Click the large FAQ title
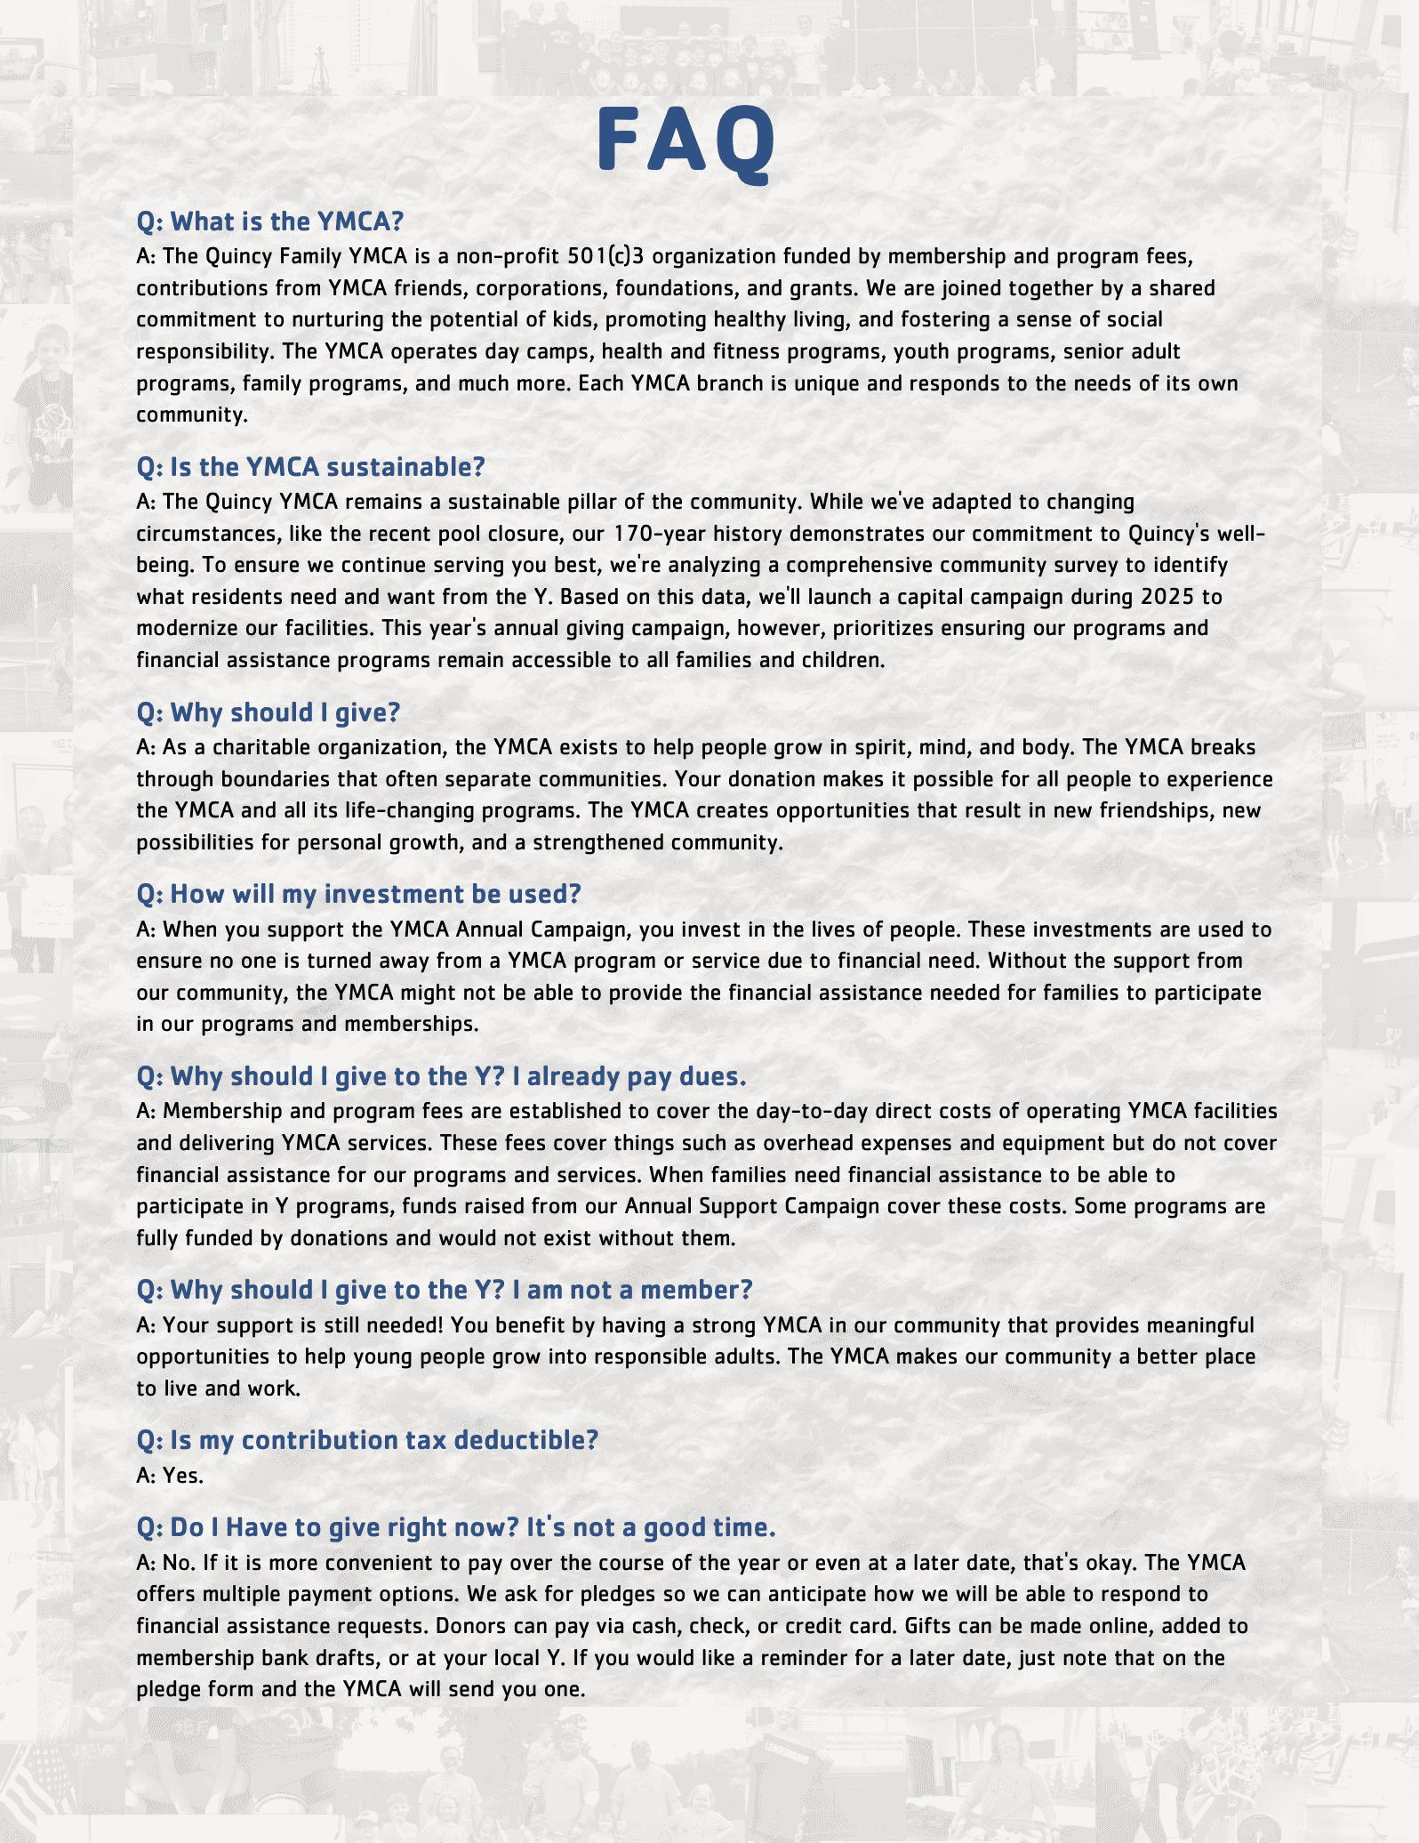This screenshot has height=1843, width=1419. click(x=685, y=141)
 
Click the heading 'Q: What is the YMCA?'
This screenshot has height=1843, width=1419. click(x=269, y=221)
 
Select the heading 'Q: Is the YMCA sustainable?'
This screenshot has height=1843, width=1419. click(x=310, y=467)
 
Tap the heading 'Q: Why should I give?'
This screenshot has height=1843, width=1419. click(x=268, y=712)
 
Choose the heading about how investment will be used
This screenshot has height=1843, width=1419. click(x=358, y=894)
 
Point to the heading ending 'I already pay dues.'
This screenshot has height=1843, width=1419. click(x=441, y=1076)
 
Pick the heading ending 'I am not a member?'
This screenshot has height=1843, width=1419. click(x=444, y=1290)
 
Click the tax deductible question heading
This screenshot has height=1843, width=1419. click(x=367, y=1440)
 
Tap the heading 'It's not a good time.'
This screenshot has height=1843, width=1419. click(x=456, y=1527)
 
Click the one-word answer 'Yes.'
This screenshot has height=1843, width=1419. click(x=183, y=1475)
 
